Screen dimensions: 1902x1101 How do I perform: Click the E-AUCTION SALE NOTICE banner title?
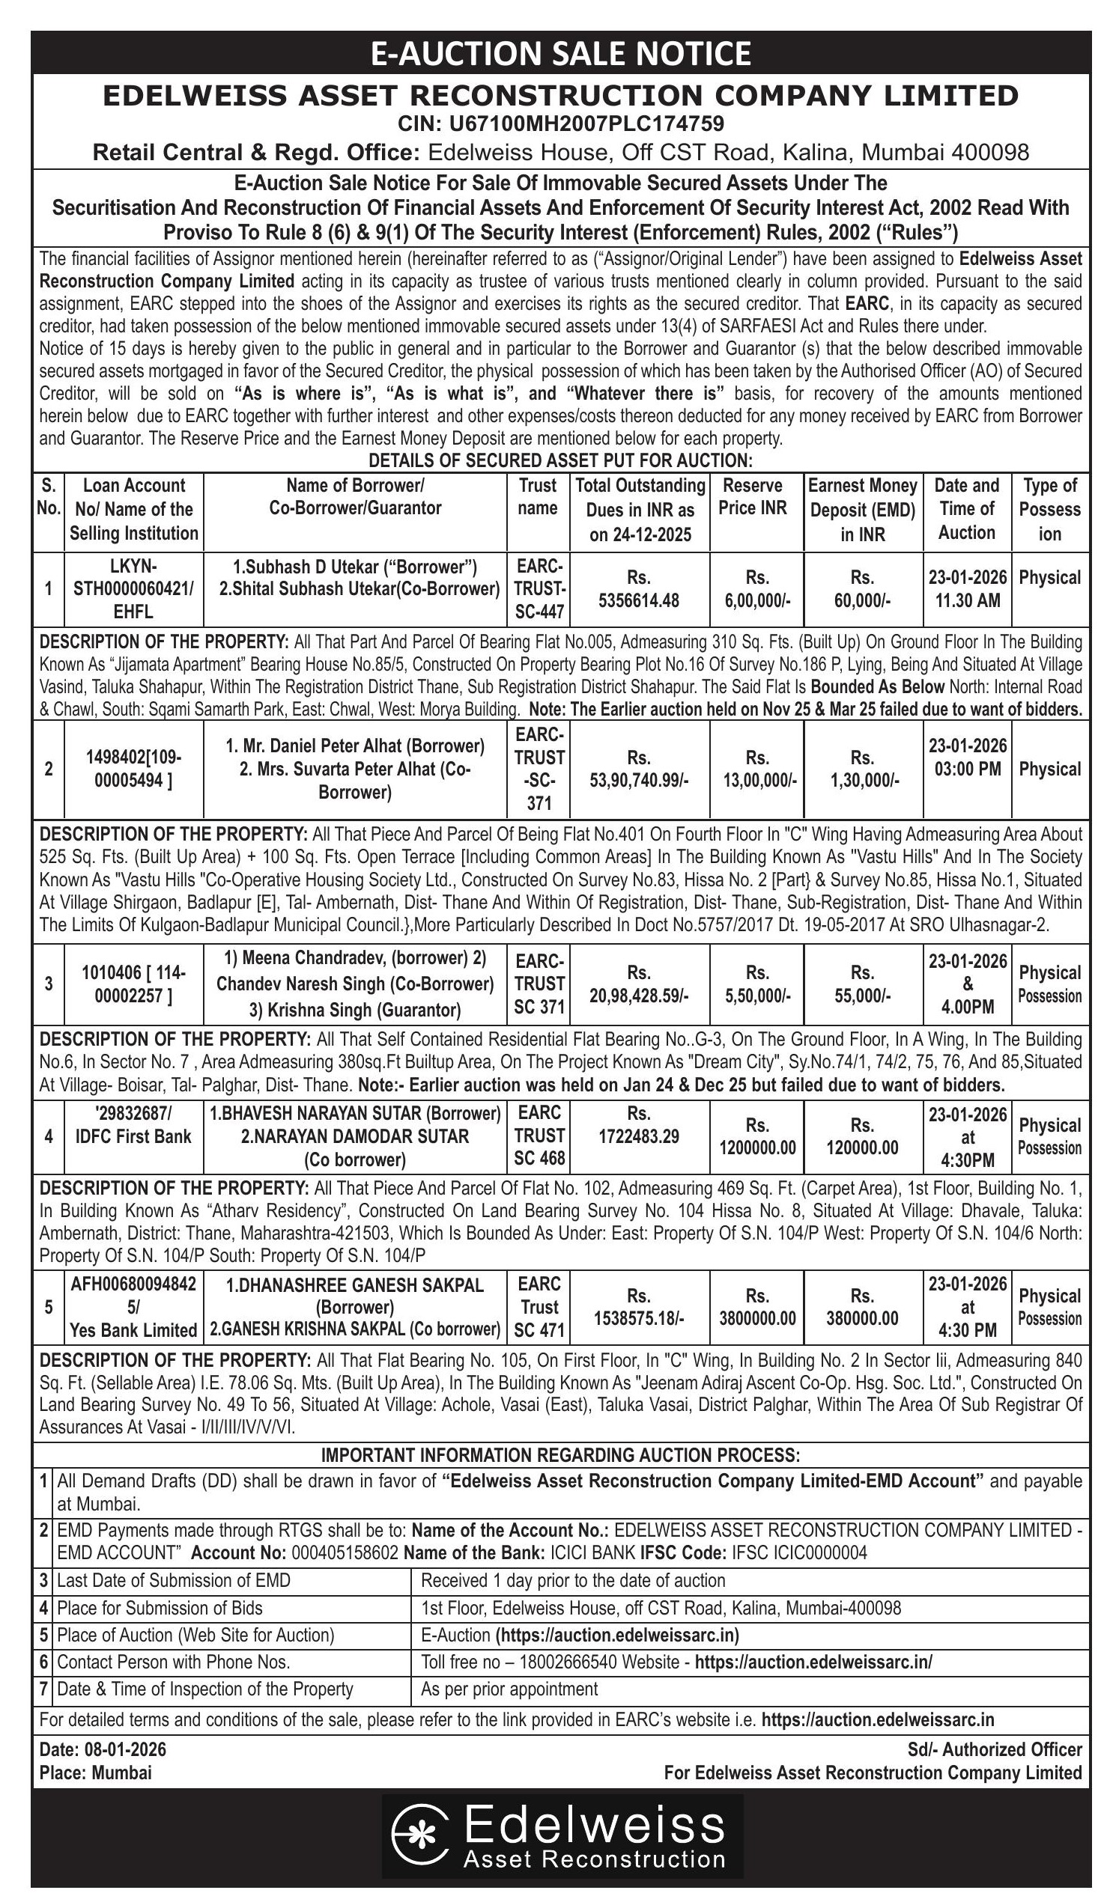[560, 54]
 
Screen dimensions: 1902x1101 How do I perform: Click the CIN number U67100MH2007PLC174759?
[560, 123]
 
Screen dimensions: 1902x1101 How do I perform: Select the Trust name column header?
[537, 496]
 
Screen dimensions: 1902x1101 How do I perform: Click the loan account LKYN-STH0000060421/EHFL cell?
[133, 588]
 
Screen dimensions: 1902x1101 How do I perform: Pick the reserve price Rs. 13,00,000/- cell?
[756, 769]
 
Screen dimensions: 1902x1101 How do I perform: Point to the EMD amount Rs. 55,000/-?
[861, 984]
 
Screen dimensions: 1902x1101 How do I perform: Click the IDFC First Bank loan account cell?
[133, 1124]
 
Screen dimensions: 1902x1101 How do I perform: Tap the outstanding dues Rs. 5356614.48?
[638, 588]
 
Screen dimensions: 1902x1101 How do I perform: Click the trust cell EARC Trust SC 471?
[539, 1306]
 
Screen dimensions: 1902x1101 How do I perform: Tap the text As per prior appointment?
[509, 1689]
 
